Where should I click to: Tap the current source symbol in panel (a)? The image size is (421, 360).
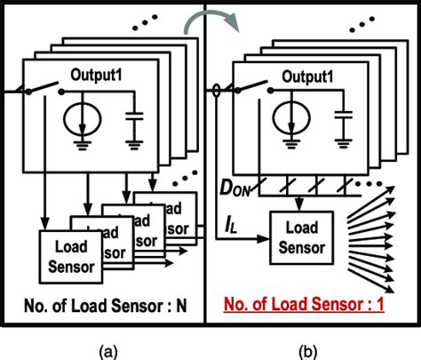(82, 118)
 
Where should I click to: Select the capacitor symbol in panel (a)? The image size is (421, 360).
(134, 119)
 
